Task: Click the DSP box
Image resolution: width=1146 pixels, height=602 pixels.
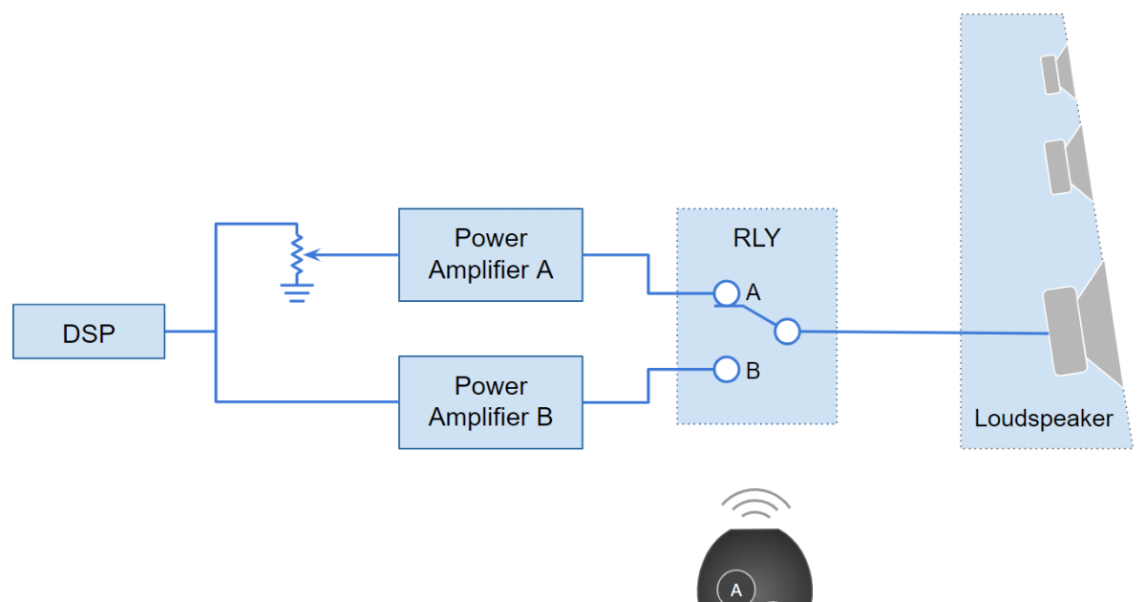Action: tap(89, 332)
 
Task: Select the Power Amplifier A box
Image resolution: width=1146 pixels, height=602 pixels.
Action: tap(490, 254)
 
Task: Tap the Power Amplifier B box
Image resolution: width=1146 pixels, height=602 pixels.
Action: tap(490, 402)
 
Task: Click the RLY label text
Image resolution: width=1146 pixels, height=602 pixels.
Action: tap(756, 238)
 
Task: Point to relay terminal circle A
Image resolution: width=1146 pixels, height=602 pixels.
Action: tap(727, 292)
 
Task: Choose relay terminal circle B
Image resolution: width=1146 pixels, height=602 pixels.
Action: tap(727, 369)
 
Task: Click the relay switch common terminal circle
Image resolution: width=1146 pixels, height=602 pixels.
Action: tap(786, 332)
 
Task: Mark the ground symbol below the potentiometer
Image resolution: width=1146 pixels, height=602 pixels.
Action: tap(297, 290)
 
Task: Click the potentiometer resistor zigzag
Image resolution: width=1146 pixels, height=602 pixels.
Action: tap(297, 253)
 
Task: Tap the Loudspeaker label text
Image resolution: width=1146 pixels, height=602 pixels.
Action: tap(1043, 419)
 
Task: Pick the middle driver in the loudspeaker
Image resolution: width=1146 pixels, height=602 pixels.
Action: tap(1058, 166)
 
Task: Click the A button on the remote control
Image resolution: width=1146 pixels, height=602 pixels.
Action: tap(735, 588)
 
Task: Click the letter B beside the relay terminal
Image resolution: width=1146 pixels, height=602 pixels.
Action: tap(753, 371)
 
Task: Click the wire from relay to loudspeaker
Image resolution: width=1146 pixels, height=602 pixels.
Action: tap(917, 333)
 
